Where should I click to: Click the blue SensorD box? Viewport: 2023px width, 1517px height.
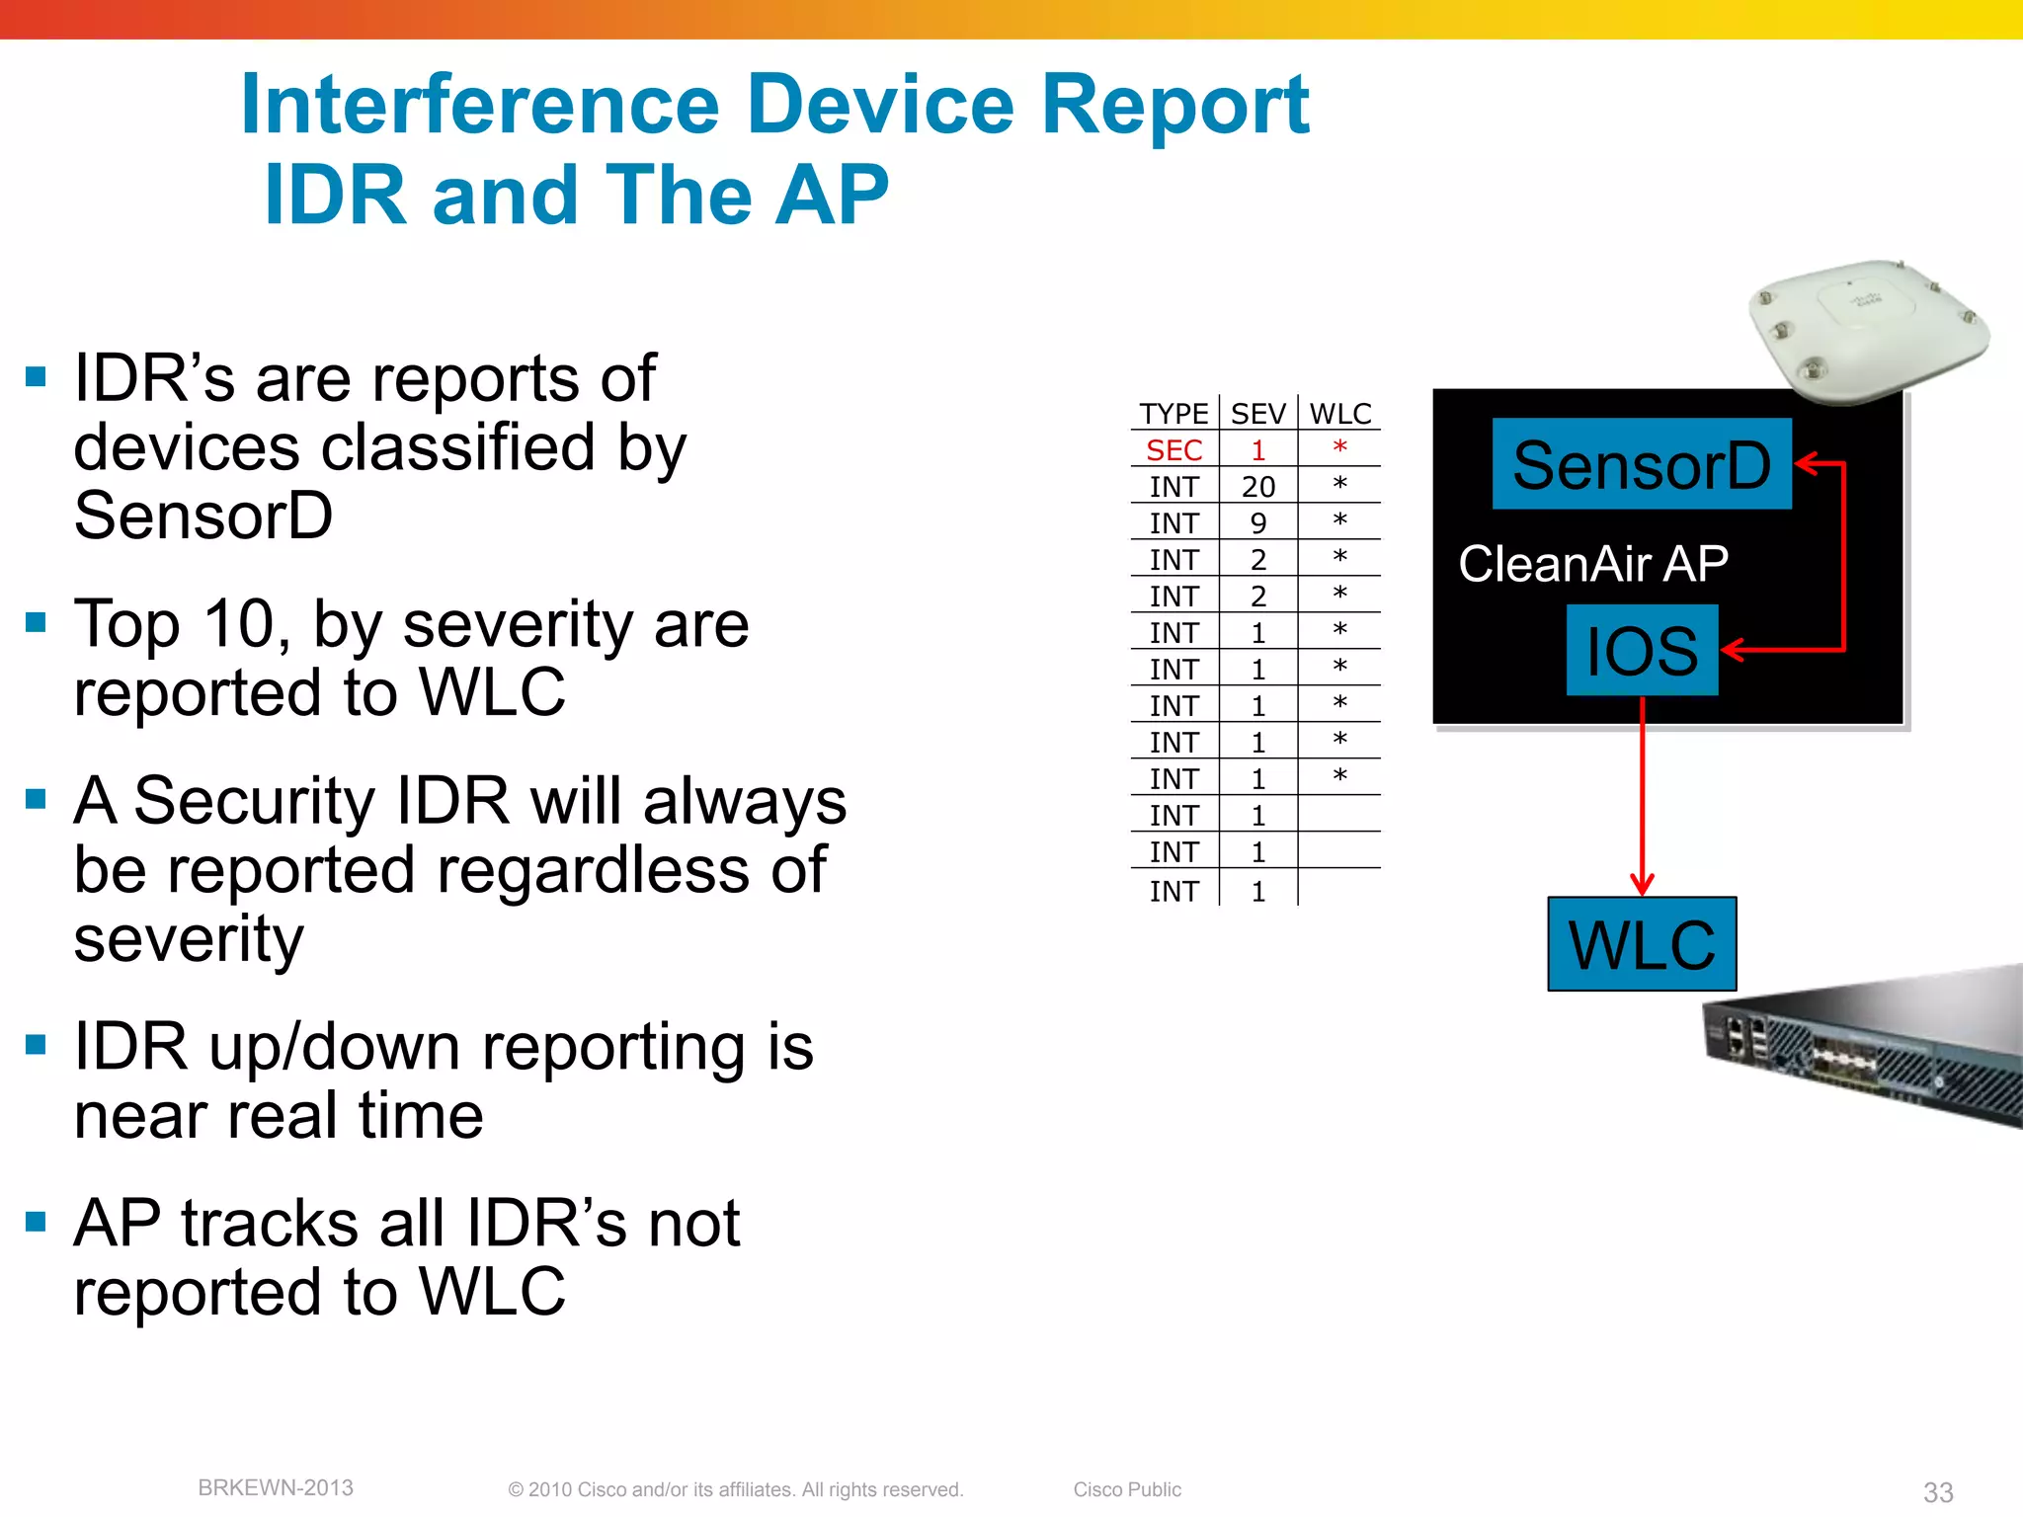[1641, 464]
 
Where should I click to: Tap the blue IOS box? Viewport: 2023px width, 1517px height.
[1642, 650]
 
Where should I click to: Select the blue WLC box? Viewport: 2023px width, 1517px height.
[1642, 944]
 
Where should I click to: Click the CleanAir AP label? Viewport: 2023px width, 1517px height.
[1592, 564]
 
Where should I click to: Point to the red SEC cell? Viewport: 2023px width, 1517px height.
[1173, 450]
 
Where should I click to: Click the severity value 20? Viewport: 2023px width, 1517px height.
[1257, 487]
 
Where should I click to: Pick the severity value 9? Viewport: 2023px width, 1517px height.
[1257, 523]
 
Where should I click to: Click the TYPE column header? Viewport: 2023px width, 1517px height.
[1173, 414]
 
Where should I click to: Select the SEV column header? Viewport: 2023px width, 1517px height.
[1257, 414]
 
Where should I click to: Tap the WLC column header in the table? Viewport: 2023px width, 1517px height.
[1340, 414]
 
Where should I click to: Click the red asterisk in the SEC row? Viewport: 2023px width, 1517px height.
[1339, 448]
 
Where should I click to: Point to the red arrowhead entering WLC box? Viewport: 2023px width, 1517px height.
[1642, 883]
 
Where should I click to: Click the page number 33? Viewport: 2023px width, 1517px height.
[1937, 1491]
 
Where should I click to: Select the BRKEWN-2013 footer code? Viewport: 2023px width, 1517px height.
[276, 1487]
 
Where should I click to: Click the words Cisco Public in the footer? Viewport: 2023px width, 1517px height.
[1127, 1489]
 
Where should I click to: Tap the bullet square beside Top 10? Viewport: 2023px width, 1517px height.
[37, 622]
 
